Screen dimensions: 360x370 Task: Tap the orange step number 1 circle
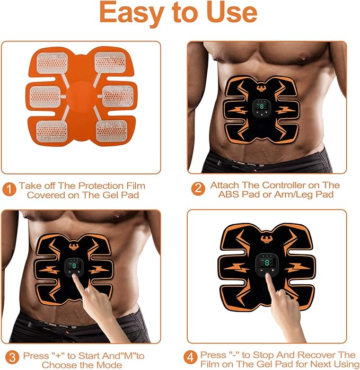coord(9,189)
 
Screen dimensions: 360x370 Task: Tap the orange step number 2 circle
coord(198,189)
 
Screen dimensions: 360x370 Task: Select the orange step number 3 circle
coord(12,357)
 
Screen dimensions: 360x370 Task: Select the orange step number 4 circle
coord(190,357)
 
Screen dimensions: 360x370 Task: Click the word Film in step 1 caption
coord(136,186)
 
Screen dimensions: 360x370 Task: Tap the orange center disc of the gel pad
coord(82,97)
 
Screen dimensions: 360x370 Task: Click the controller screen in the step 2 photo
coord(261,107)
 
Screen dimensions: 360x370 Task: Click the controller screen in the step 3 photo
coord(74,265)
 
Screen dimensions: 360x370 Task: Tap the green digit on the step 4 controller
coord(267,262)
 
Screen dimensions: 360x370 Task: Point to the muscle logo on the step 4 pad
coord(267,239)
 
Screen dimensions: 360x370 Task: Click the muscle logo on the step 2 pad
coord(262,87)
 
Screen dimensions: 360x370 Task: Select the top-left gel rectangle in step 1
coord(52,63)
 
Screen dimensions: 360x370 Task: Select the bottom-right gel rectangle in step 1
coord(112,131)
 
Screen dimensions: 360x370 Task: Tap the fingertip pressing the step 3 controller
coord(75,278)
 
